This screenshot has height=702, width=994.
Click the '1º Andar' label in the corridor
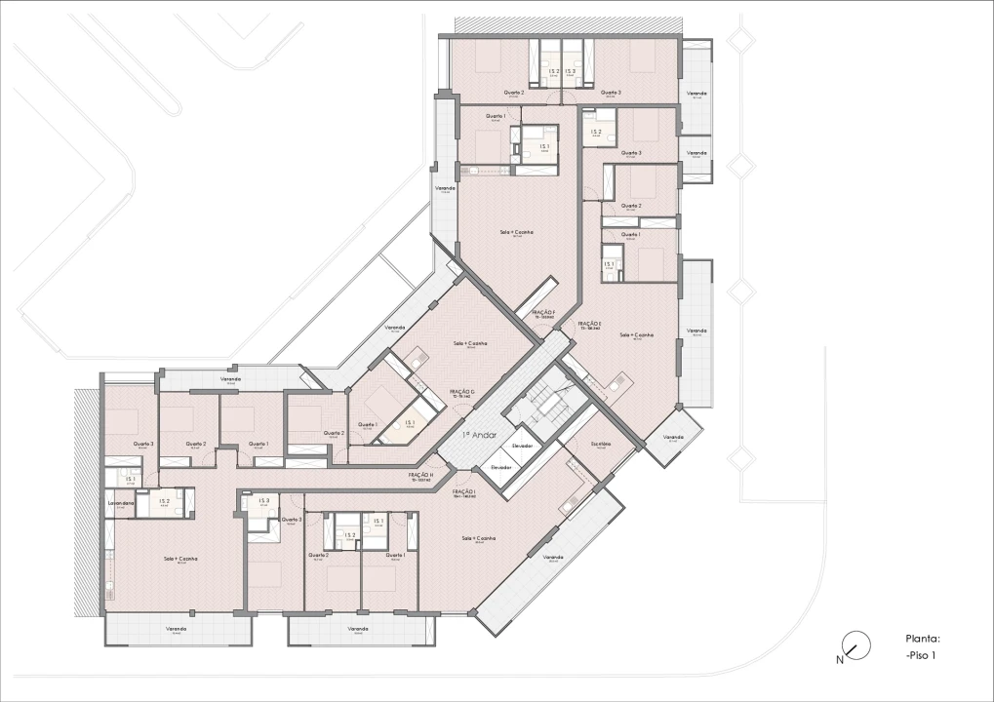click(479, 435)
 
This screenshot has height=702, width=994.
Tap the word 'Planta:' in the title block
click(922, 639)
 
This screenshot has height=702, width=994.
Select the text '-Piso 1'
click(920, 655)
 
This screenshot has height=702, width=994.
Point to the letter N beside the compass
click(840, 659)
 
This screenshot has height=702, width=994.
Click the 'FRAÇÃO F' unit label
click(543, 314)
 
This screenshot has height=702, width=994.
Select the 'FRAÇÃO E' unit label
click(589, 325)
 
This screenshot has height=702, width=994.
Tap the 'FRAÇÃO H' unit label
click(420, 476)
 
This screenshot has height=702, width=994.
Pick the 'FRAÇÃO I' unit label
click(463, 493)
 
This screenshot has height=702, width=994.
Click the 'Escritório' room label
click(600, 444)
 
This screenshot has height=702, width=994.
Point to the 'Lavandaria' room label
click(120, 503)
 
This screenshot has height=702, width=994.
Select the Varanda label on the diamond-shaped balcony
click(673, 437)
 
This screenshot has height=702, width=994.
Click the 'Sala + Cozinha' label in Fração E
click(636, 334)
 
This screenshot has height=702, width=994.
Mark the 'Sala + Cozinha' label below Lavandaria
click(181, 559)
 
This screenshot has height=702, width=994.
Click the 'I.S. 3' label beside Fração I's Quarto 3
click(261, 501)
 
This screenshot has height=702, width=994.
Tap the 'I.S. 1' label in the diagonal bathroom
click(411, 422)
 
